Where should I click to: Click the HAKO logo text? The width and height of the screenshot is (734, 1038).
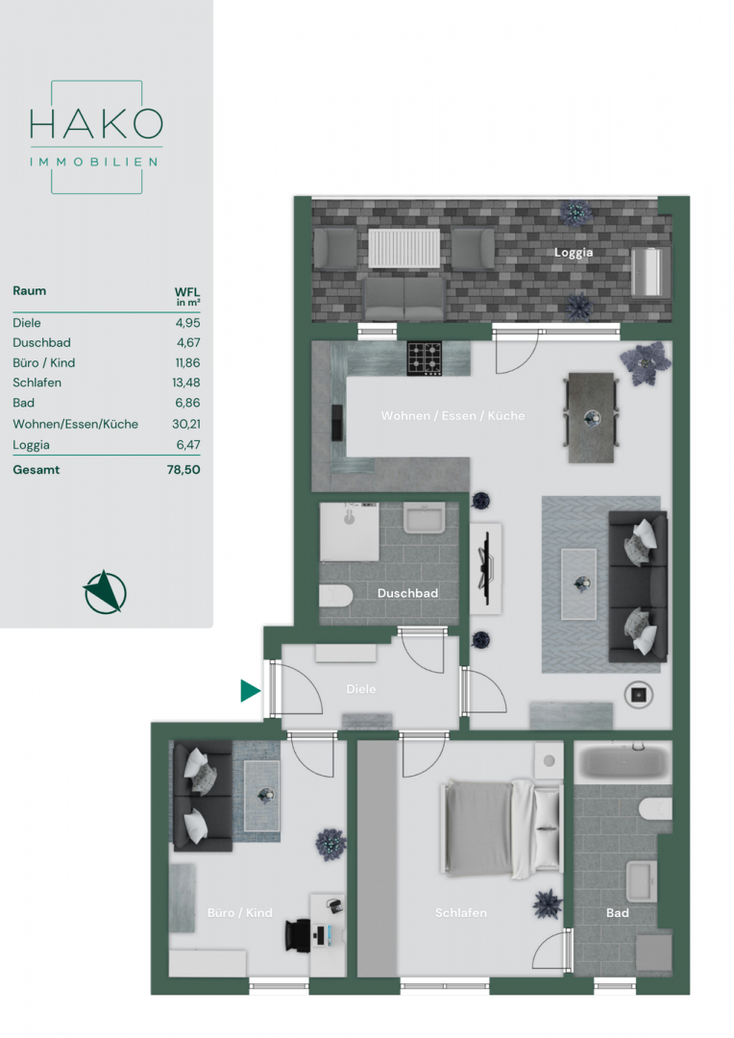pyautogui.click(x=97, y=124)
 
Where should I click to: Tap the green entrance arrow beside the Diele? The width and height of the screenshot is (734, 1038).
pyautogui.click(x=250, y=690)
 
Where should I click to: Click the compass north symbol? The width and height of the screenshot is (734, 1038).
pyautogui.click(x=106, y=592)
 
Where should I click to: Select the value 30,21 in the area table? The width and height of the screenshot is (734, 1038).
pyautogui.click(x=186, y=424)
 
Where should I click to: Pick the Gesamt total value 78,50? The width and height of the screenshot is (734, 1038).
pyautogui.click(x=183, y=469)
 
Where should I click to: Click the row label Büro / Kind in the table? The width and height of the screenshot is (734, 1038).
pyautogui.click(x=43, y=362)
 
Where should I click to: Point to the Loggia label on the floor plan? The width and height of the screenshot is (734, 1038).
pyautogui.click(x=574, y=253)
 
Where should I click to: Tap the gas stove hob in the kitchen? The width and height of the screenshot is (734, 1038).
pyautogui.click(x=425, y=358)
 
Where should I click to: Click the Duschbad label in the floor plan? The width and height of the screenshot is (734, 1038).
pyautogui.click(x=407, y=593)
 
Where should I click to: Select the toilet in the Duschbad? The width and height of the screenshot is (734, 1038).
pyautogui.click(x=336, y=596)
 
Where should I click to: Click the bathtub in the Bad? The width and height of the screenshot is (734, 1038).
pyautogui.click(x=623, y=762)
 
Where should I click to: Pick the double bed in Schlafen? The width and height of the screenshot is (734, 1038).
pyautogui.click(x=502, y=828)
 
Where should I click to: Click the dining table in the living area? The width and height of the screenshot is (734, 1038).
pyautogui.click(x=592, y=418)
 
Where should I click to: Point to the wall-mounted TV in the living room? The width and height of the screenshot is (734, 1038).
pyautogui.click(x=486, y=568)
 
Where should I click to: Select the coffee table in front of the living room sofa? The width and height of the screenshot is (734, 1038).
pyautogui.click(x=579, y=584)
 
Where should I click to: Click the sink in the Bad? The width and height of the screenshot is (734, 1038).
pyautogui.click(x=642, y=881)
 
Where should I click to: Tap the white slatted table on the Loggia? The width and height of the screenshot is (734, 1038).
pyautogui.click(x=404, y=248)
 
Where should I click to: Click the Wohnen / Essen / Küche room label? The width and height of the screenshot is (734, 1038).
pyautogui.click(x=453, y=416)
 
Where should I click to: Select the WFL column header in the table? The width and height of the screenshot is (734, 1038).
pyautogui.click(x=187, y=295)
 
